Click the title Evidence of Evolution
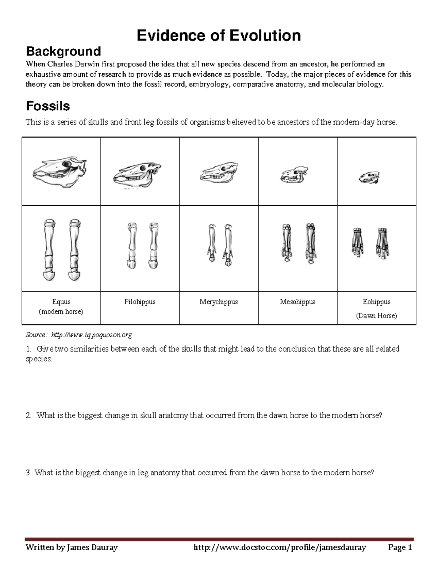219,36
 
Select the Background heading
63,51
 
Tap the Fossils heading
48,106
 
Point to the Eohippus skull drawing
369,178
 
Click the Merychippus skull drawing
218,173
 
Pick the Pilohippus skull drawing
137,173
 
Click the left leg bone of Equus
49,250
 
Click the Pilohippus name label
140,302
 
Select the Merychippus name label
219,302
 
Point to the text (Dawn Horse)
376,316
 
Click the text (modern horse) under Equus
61,312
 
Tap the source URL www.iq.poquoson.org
91,335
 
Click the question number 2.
28,416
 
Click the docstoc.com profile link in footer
280,547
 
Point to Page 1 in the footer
400,547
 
